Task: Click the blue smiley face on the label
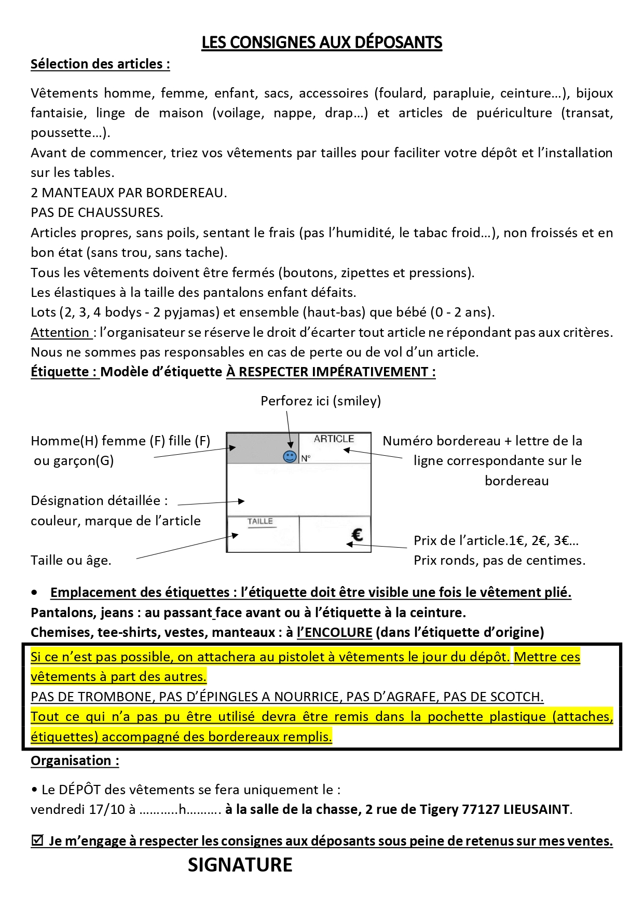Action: (x=290, y=456)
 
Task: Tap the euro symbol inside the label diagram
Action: (x=357, y=535)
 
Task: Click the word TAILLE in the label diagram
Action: (x=260, y=521)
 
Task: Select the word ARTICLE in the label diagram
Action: (x=334, y=439)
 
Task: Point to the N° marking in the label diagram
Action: (x=306, y=458)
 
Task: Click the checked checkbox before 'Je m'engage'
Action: (x=37, y=840)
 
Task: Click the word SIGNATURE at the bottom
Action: (x=240, y=865)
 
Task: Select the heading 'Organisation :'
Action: (x=75, y=760)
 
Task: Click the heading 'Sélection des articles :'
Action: (x=100, y=64)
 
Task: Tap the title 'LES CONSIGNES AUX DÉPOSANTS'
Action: (x=322, y=43)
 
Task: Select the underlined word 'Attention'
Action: (x=60, y=332)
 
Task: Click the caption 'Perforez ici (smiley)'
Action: (x=321, y=401)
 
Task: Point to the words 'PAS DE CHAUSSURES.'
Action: (x=97, y=212)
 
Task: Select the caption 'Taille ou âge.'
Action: (x=71, y=560)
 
